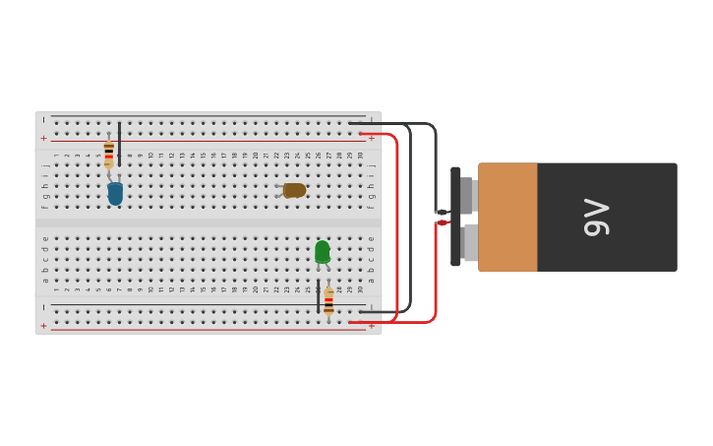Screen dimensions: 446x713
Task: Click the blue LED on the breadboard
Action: tap(115, 193)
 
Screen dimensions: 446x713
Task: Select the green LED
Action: tap(322, 252)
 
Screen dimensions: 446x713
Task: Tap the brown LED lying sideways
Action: tap(293, 190)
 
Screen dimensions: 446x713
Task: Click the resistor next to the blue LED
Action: tap(108, 155)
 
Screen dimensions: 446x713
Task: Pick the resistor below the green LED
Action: tap(328, 301)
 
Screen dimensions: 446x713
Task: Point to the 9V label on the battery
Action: tap(596, 218)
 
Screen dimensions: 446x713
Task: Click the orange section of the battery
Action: tap(507, 218)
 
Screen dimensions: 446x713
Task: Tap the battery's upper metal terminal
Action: tap(468, 195)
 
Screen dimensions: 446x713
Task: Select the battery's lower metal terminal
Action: tap(470, 242)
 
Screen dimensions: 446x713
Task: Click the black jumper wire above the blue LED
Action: tap(119, 138)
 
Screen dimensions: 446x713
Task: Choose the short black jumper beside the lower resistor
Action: tap(318, 295)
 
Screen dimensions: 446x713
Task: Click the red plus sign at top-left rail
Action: tap(43, 139)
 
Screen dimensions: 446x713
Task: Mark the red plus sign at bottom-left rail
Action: tap(43, 325)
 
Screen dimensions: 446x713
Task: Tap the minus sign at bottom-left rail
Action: tap(43, 307)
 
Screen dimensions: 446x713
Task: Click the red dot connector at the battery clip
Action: tap(443, 223)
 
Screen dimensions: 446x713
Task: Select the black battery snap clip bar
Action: tap(455, 217)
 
